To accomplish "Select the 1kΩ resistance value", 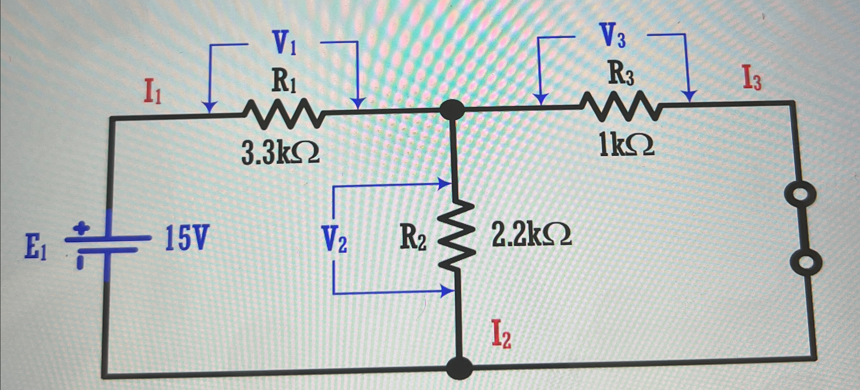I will [x=626, y=146].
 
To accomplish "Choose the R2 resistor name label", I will [x=413, y=239].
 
